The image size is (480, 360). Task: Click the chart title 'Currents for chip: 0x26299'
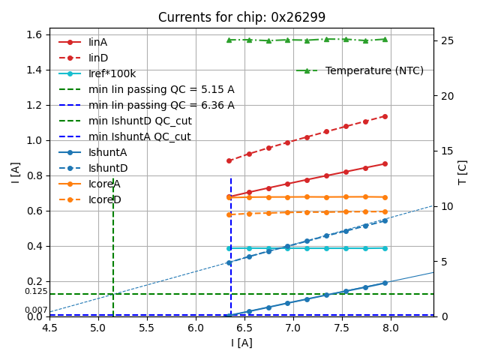[241, 17]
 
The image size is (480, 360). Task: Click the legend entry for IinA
[98, 42]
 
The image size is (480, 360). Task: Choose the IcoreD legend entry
[104, 199]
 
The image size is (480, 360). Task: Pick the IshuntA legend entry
[107, 152]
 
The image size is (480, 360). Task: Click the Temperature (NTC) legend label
[374, 70]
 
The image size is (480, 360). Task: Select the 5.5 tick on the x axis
[147, 328]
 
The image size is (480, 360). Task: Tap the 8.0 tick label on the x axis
[391, 328]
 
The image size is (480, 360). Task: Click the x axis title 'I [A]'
[241, 343]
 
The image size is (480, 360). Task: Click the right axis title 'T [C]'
[463, 172]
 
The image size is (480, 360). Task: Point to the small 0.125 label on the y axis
[36, 292]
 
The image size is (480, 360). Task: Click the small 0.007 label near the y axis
[36, 310]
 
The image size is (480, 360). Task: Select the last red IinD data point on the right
[385, 116]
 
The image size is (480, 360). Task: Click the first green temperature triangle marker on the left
[229, 40]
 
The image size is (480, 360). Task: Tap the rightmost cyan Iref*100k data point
[385, 248]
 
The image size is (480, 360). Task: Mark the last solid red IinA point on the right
[385, 163]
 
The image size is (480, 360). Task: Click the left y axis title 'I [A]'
[15, 172]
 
